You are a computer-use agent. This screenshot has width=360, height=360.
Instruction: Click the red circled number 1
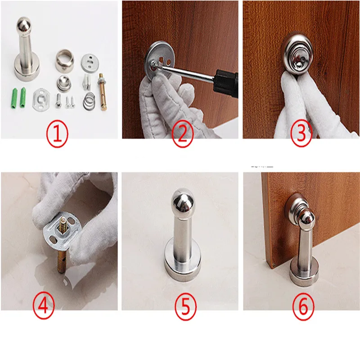[57, 134]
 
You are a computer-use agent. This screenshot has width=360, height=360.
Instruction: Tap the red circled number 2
[183, 134]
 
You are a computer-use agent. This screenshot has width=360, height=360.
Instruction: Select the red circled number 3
[301, 133]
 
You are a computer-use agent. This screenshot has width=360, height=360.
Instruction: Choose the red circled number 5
[185, 306]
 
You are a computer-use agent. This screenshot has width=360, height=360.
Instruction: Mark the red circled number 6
[303, 306]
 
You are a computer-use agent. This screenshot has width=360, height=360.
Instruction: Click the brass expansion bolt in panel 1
[102, 92]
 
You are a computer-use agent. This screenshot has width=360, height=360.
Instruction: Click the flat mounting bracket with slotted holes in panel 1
[41, 100]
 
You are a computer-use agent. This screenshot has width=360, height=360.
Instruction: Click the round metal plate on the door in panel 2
[161, 60]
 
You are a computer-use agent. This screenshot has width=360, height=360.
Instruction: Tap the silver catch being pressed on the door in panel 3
[298, 55]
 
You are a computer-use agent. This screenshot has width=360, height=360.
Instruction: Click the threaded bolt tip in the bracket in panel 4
[63, 227]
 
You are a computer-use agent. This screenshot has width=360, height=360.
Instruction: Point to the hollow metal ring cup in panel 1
[65, 60]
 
